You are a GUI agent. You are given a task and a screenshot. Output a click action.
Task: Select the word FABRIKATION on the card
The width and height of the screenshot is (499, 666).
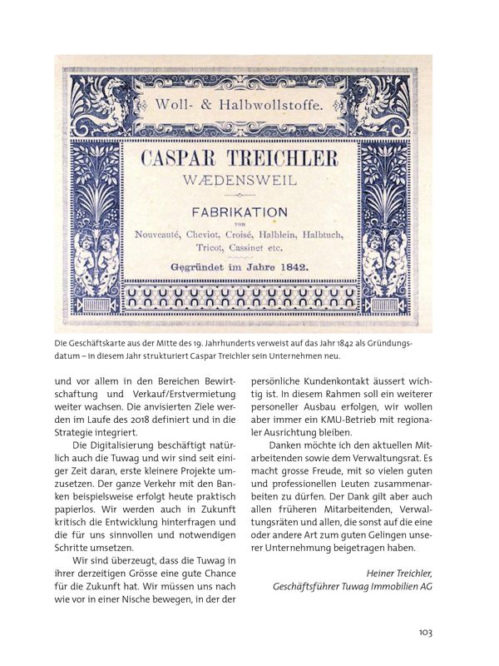(249, 214)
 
